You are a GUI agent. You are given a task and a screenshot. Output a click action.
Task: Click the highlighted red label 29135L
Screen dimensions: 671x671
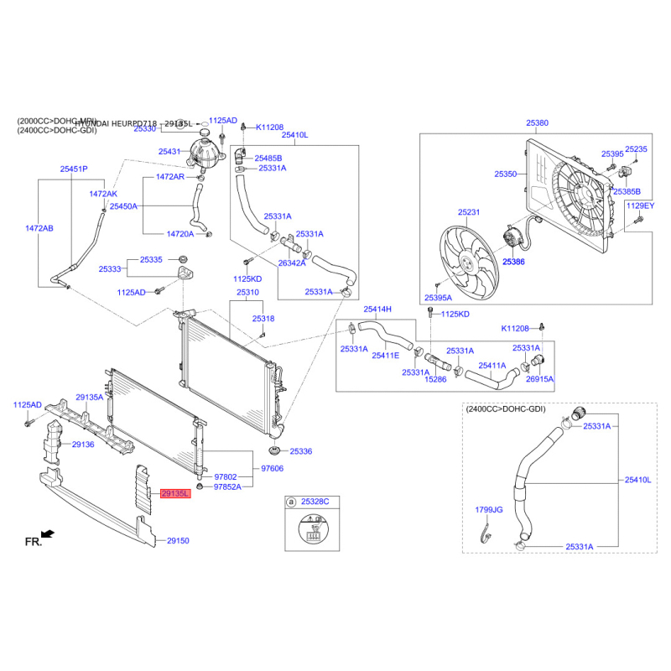176,495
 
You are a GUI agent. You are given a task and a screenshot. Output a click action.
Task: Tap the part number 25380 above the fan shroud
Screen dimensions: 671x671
537,123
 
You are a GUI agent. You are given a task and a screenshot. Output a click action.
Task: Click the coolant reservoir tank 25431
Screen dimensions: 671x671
205,150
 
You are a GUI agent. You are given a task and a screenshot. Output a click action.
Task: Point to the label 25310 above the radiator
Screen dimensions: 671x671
247,293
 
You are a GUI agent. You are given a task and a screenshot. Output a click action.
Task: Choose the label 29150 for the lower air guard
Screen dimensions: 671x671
178,541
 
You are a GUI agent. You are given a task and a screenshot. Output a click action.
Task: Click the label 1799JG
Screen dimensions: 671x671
489,509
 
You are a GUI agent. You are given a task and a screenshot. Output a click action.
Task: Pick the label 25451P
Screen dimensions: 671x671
74,169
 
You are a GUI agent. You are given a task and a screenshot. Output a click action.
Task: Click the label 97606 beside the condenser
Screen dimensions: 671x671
273,469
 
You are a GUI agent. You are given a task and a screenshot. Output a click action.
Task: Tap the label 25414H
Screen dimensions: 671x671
377,309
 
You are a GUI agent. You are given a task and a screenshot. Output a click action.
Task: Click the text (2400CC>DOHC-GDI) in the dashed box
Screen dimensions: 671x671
505,409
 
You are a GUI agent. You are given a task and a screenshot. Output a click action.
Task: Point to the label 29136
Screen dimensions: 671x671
82,444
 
